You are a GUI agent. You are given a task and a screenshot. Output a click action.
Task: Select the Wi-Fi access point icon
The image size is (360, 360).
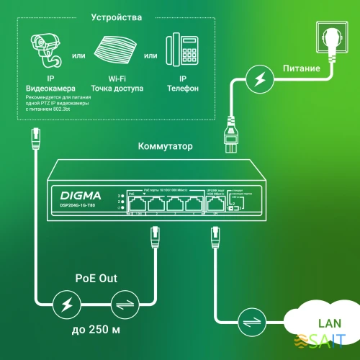[x=117, y=52]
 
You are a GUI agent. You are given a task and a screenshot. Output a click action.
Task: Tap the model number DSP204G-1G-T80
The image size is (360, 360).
[x=81, y=205]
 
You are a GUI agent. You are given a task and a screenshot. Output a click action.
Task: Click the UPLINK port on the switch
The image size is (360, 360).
[x=213, y=204]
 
